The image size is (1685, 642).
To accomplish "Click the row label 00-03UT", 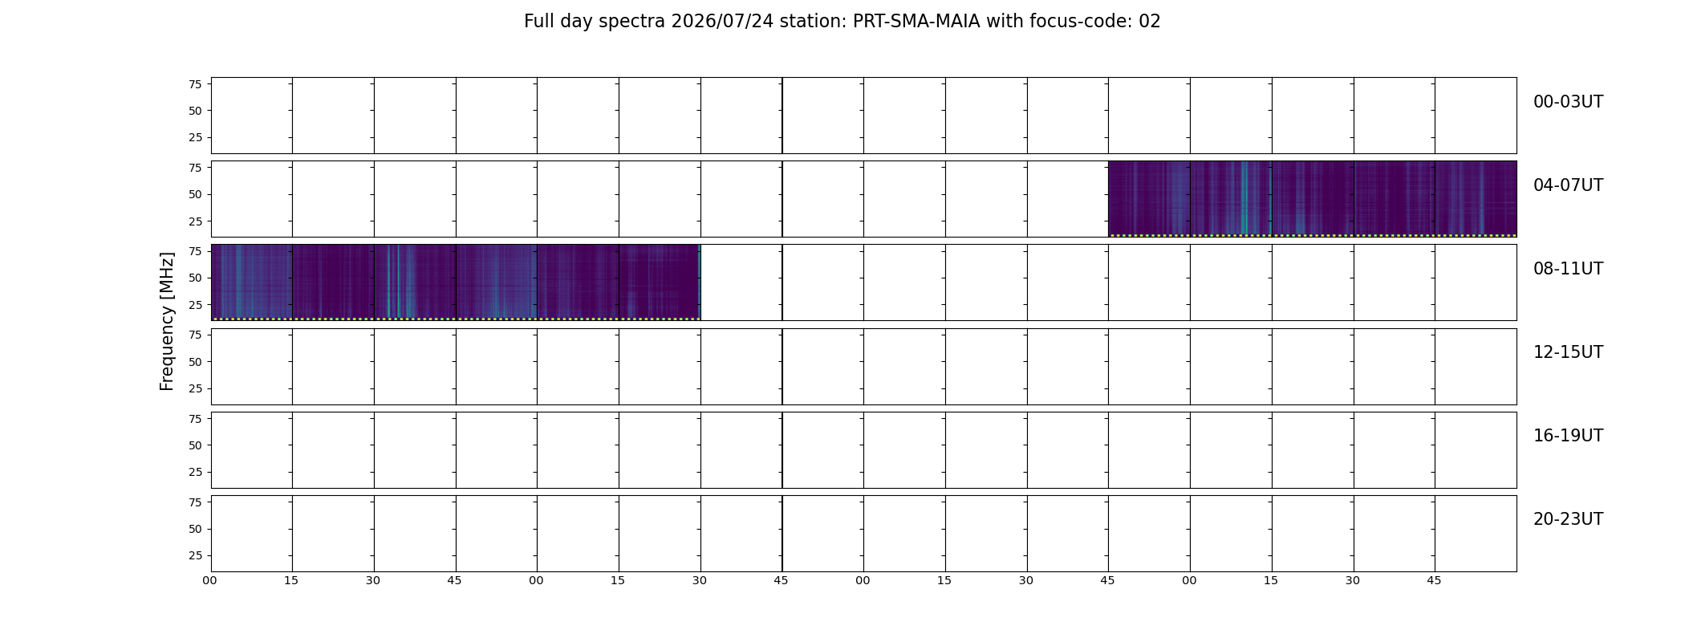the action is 1568,102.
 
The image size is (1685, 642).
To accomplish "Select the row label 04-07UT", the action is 1568,185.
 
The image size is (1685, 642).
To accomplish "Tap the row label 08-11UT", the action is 1568,269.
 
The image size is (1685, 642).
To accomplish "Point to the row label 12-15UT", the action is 1568,352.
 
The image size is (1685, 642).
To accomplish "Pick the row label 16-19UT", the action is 1568,436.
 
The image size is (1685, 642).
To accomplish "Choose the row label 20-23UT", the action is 1568,519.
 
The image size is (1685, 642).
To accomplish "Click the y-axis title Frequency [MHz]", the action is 167,322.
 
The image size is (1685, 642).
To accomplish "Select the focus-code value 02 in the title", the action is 1150,22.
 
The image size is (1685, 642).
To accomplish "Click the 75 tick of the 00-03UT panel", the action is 195,84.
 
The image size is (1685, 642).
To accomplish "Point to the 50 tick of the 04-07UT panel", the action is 195,194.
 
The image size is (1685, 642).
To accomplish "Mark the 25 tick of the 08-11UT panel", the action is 195,305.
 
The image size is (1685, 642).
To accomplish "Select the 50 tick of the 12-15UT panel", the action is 195,362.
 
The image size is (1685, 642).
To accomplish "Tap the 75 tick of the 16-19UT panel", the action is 195,419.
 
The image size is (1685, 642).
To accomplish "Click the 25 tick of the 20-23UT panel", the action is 195,555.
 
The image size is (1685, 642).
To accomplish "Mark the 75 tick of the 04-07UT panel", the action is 195,168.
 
